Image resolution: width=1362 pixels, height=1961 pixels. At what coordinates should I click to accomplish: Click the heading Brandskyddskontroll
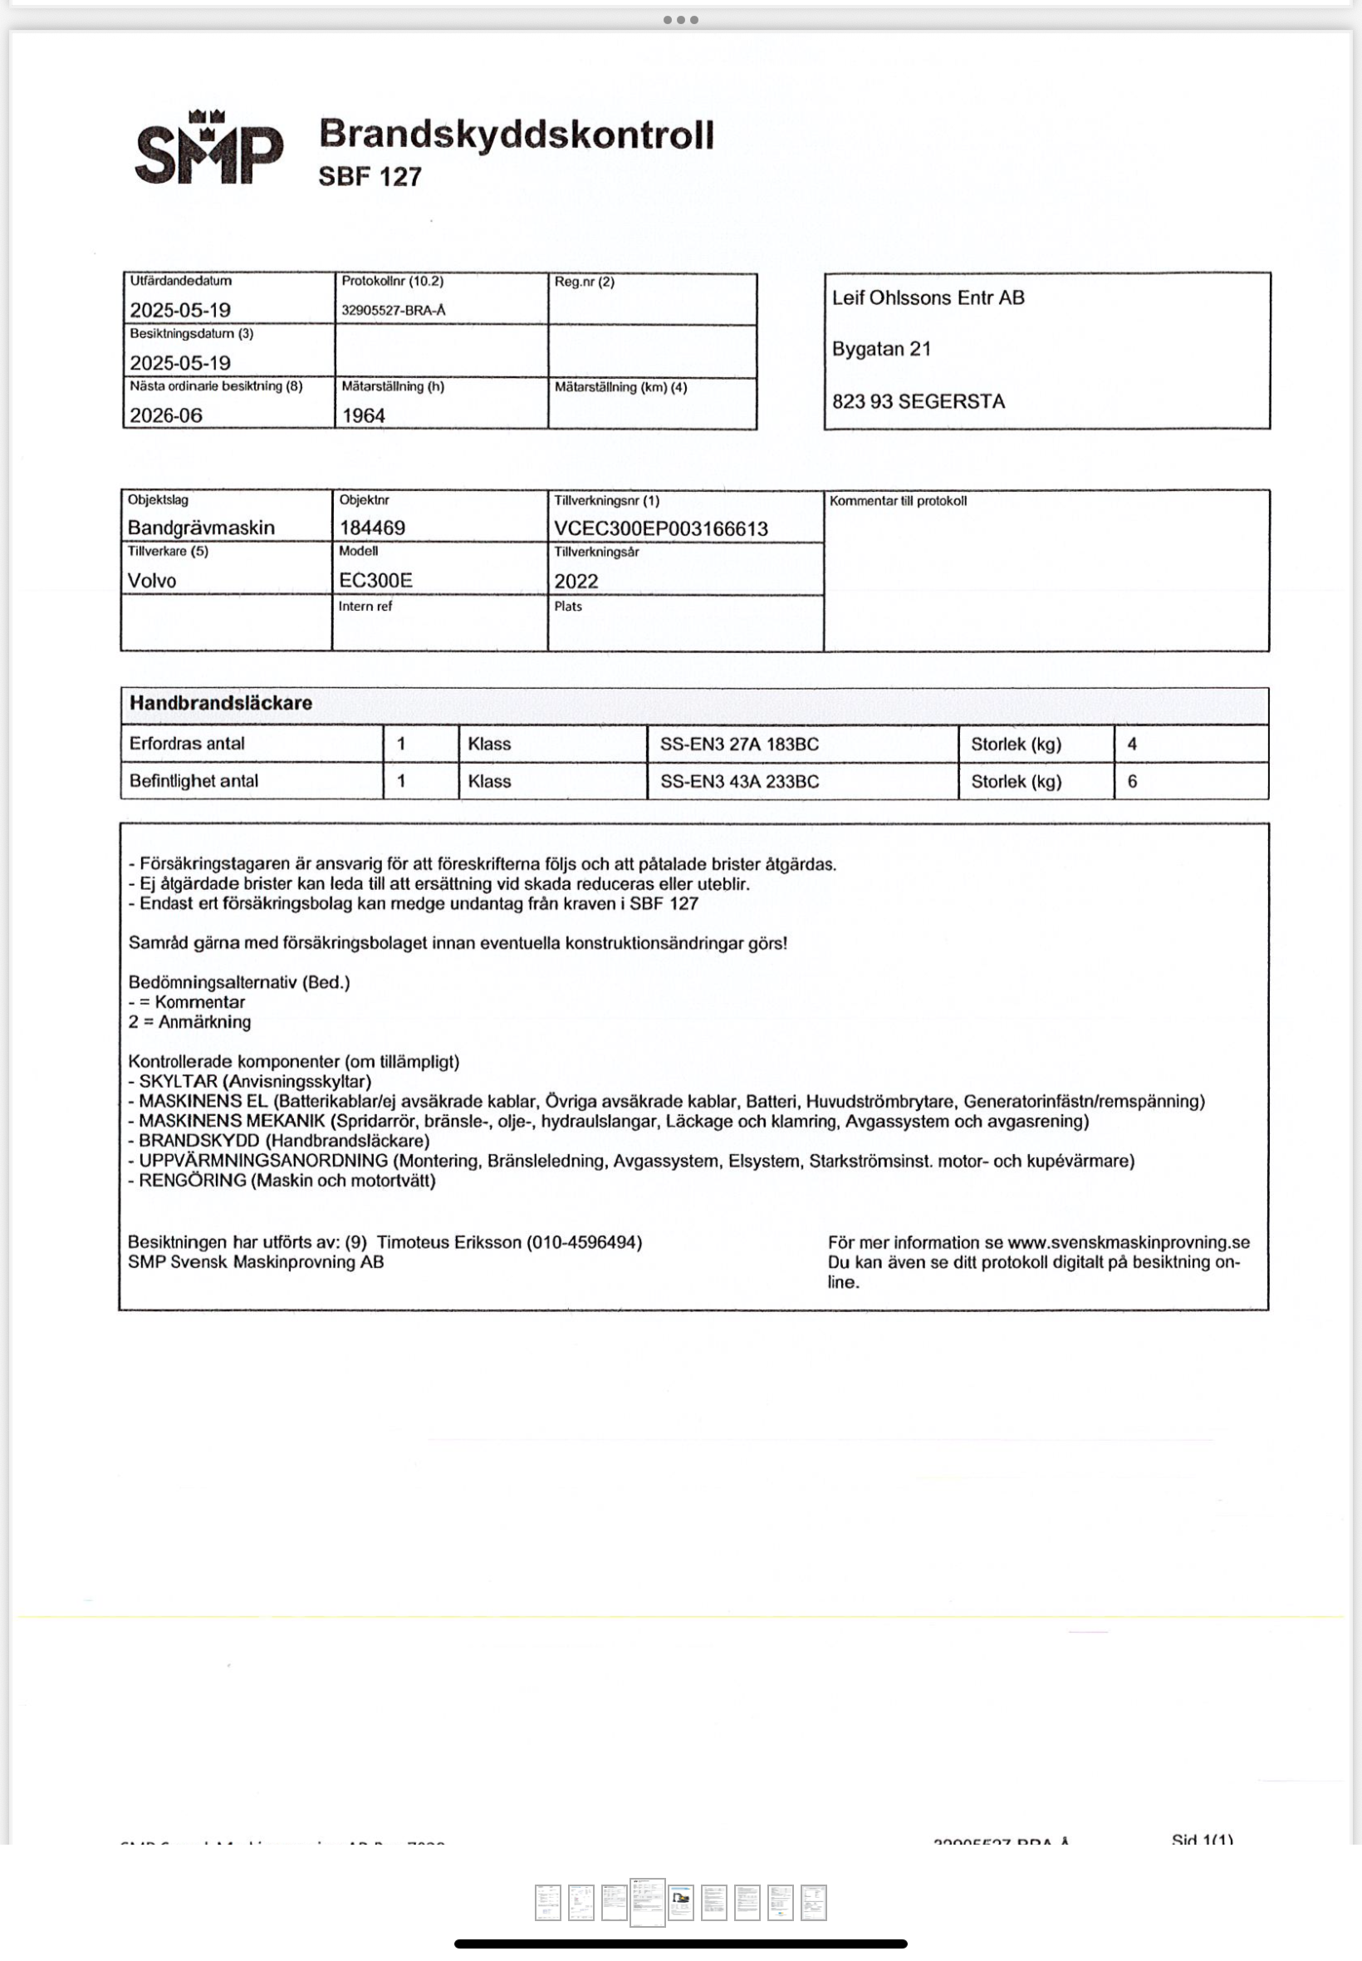pos(517,135)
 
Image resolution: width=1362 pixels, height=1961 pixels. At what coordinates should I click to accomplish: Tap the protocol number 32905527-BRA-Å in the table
pos(394,311)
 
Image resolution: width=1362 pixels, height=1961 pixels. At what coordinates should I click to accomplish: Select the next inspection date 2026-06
pos(166,415)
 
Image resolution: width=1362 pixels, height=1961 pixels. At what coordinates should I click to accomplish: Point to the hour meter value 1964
pos(364,415)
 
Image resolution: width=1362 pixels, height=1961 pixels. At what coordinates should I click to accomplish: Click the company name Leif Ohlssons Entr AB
pos(928,298)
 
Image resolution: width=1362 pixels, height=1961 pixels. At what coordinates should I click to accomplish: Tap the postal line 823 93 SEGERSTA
pos(919,401)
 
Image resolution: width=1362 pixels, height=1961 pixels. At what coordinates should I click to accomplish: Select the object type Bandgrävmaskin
pos(202,528)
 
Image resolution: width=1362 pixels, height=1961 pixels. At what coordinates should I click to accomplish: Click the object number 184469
pos(372,528)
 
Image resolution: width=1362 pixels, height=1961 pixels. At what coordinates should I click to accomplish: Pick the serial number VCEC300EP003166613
pos(660,528)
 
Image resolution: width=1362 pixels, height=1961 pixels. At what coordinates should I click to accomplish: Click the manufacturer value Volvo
pos(152,581)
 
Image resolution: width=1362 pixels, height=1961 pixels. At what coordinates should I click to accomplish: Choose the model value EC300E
pos(375,581)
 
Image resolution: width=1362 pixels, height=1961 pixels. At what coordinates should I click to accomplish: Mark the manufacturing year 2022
pos(576,582)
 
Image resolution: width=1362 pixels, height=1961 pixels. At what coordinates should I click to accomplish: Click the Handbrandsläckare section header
pos(221,703)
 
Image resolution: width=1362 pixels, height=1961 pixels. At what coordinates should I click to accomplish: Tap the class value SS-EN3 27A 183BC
pos(739,744)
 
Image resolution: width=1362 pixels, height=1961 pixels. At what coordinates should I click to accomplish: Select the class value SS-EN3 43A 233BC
pos(739,781)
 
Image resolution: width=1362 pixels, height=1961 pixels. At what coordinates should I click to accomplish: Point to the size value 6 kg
pos(1133,781)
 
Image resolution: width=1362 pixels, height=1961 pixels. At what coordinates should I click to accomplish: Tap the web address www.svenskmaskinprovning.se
pos(1128,1242)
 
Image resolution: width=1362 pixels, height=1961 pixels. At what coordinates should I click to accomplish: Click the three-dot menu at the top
pos(681,20)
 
